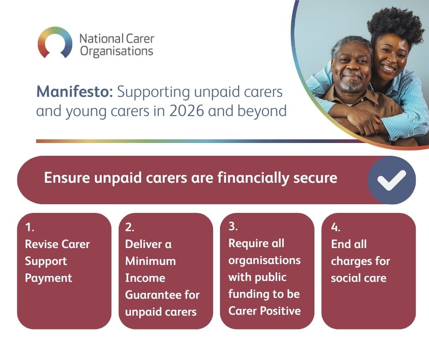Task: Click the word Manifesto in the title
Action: point(74,91)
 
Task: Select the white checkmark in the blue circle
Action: point(392,180)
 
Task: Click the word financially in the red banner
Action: point(253,178)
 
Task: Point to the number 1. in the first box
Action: point(30,227)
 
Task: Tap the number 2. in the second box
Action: point(130,227)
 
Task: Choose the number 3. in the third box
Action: point(233,226)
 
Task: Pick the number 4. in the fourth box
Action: point(335,227)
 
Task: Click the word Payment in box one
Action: point(48,278)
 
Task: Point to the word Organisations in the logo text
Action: point(117,51)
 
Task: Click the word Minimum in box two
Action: point(151,261)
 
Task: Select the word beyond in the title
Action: point(262,111)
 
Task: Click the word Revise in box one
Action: point(42,244)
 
